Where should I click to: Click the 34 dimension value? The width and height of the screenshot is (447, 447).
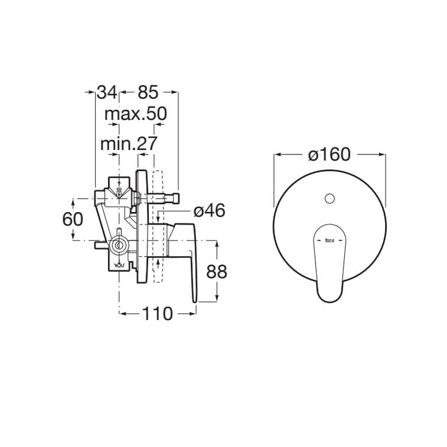pos(107,92)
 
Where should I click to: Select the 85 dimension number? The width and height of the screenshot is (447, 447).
pos(149,92)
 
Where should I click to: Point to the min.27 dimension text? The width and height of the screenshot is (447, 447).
pos(128,144)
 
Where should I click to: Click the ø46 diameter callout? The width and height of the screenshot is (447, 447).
pos(208,210)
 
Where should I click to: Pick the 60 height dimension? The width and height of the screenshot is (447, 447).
pos(73,218)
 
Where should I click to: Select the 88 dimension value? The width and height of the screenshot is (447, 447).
pos(218,271)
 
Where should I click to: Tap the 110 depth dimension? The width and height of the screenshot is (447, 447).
pos(157,313)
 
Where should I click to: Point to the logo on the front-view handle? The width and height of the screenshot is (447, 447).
pos(330,241)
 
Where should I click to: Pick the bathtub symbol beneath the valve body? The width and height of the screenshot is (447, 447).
pos(118,266)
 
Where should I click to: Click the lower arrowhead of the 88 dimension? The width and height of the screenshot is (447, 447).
pos(220,297)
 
